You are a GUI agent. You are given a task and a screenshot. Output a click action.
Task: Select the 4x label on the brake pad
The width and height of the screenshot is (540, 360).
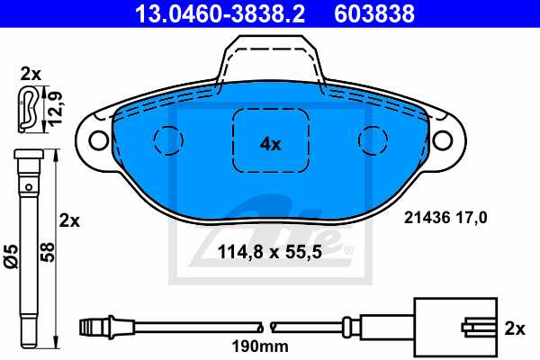271,143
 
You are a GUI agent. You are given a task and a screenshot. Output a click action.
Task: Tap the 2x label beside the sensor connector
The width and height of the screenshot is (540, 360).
515,329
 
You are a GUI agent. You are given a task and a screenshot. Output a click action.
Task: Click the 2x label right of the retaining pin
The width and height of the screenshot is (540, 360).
69,220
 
